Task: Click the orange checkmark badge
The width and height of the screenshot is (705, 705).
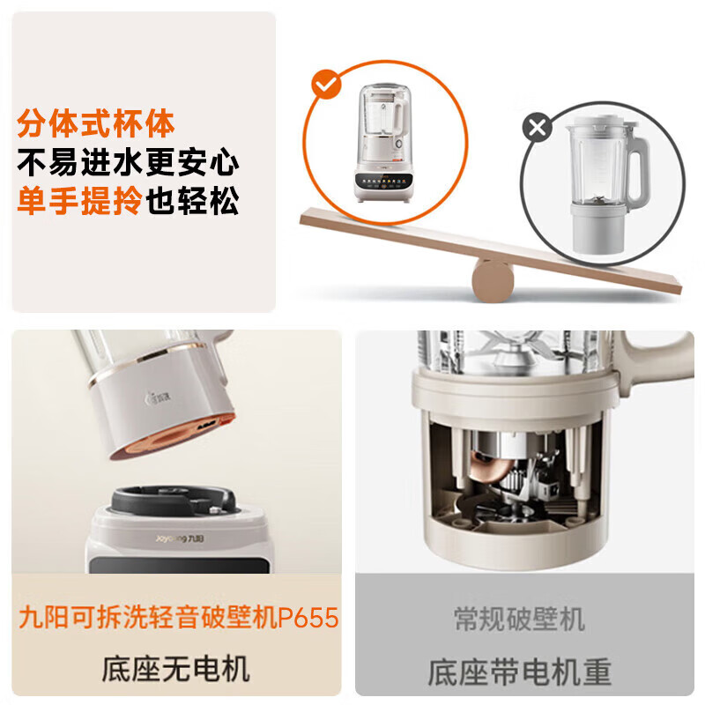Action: pyautogui.click(x=327, y=85)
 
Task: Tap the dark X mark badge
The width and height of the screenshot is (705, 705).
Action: pyautogui.click(x=537, y=129)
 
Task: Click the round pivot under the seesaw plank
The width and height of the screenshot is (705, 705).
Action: pyautogui.click(x=493, y=276)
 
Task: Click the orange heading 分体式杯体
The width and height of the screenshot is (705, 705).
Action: pyautogui.click(x=96, y=123)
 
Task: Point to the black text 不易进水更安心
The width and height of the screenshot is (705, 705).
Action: pyautogui.click(x=129, y=163)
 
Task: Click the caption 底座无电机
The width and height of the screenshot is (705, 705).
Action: pyautogui.click(x=176, y=667)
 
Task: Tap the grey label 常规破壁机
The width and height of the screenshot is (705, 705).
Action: pyautogui.click(x=519, y=618)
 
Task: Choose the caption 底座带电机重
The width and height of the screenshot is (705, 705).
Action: pyautogui.click(x=519, y=672)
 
